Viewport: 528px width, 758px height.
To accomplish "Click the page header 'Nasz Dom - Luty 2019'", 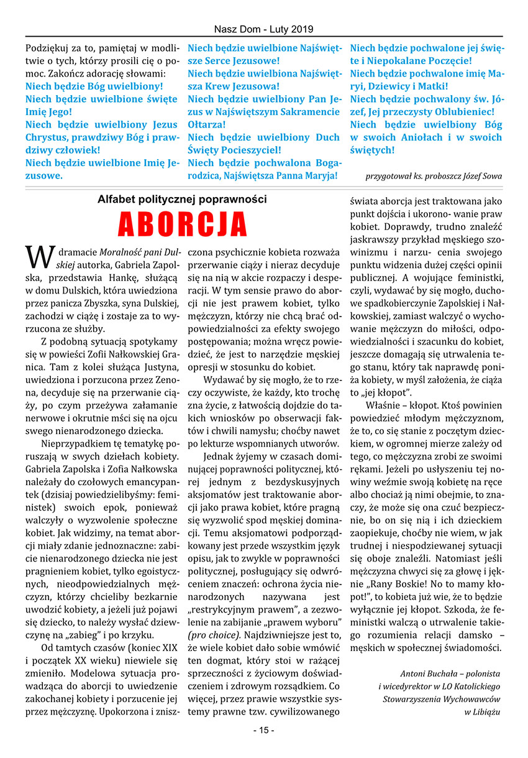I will (263, 29).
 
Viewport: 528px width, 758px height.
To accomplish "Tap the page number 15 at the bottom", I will (263, 730).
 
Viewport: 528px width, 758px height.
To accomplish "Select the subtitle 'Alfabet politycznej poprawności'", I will (182, 200).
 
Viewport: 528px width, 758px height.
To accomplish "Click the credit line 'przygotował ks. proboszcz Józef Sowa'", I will (434, 176).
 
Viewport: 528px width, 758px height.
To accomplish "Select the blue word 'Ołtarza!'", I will (207, 124).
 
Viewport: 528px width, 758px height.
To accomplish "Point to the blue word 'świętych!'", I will (372, 150).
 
